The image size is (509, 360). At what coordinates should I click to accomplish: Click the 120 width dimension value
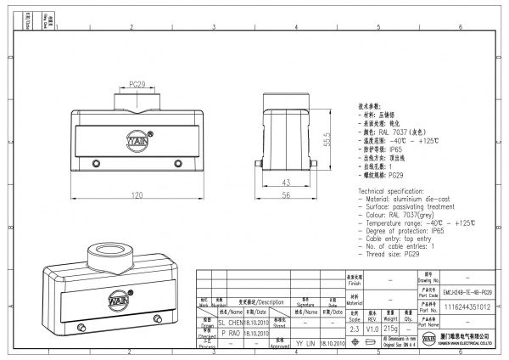pyautogui.click(x=135, y=195)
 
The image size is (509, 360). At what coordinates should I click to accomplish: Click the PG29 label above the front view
pyautogui.click(x=138, y=84)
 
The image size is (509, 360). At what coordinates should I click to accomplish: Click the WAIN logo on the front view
pyautogui.click(x=138, y=137)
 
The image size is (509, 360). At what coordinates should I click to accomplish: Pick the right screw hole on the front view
pyautogui.click(x=177, y=164)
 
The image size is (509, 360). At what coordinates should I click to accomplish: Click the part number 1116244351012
pyautogui.click(x=467, y=307)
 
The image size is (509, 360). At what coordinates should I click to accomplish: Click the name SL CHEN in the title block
pyautogui.click(x=232, y=323)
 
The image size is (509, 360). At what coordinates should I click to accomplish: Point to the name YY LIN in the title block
pyautogui.click(x=305, y=344)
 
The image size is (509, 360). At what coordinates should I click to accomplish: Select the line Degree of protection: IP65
pyautogui.click(x=402, y=230)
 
